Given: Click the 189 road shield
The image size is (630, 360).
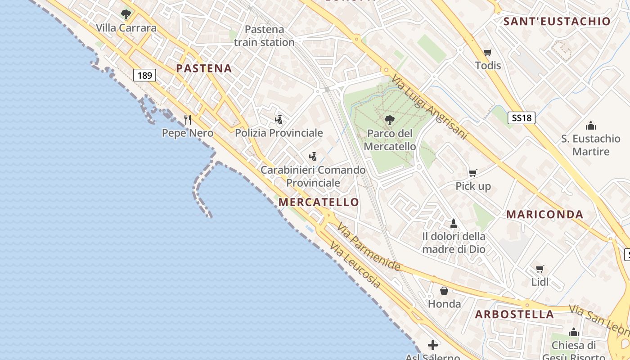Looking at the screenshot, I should click(144, 75).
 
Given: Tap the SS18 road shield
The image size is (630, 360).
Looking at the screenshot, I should click(522, 118).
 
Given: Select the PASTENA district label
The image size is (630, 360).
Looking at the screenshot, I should click(204, 68).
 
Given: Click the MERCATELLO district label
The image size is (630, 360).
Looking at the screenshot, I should click(319, 202).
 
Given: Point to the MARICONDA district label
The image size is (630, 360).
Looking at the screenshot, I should click(544, 214).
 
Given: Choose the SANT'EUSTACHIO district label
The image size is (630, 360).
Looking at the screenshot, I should click(557, 21).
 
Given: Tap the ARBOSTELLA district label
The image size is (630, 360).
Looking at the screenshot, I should click(514, 314).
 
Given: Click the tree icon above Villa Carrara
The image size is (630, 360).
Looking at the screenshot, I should click(126, 14).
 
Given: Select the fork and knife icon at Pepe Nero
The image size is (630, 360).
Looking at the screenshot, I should click(188, 119).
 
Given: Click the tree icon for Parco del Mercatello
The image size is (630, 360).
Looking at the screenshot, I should click(390, 120).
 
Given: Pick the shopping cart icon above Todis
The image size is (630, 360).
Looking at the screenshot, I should click(487, 52).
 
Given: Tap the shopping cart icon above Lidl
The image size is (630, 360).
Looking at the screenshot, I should click(540, 269).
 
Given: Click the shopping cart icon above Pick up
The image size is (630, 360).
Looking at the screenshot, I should click(472, 173).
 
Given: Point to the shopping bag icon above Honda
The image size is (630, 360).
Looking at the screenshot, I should click(444, 290).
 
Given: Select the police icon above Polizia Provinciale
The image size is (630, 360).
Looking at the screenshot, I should click(279, 119).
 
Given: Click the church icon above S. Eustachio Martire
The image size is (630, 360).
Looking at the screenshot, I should click(590, 125).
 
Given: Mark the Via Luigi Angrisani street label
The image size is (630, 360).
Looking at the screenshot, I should click(430, 107).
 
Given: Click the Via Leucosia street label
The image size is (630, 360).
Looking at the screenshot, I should click(355, 265).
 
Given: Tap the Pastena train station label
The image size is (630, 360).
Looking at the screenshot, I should click(264, 36).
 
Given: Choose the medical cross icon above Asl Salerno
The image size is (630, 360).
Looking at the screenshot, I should click(433, 345).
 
